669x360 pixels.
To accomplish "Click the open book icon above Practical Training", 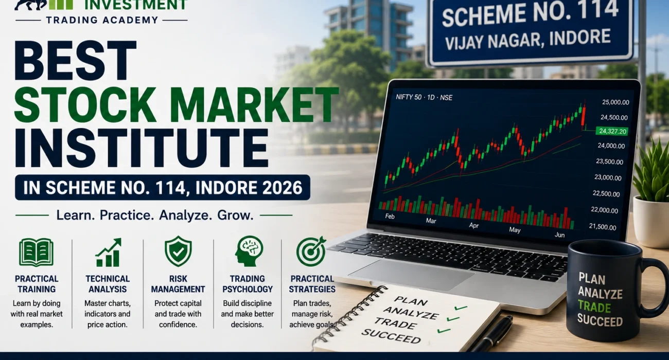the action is point(36,252).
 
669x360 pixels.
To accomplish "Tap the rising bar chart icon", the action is point(108,252).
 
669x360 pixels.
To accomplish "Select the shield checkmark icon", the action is point(178,251).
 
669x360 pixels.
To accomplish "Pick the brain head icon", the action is point(249,251).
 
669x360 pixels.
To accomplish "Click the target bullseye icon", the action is point(311,251).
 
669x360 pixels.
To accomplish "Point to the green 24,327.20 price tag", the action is point(612,131).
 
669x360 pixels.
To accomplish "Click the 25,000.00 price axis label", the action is point(615,102).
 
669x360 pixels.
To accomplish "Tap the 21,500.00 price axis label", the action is point(603,227).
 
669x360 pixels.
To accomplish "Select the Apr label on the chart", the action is point(473,225).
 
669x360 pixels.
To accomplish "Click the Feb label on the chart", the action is point(390,216).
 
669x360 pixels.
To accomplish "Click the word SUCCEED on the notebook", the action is point(391,336).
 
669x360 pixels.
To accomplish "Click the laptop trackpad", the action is point(411,275).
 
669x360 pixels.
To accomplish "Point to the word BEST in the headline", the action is point(75,61).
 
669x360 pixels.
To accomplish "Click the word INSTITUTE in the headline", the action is point(141,148).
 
